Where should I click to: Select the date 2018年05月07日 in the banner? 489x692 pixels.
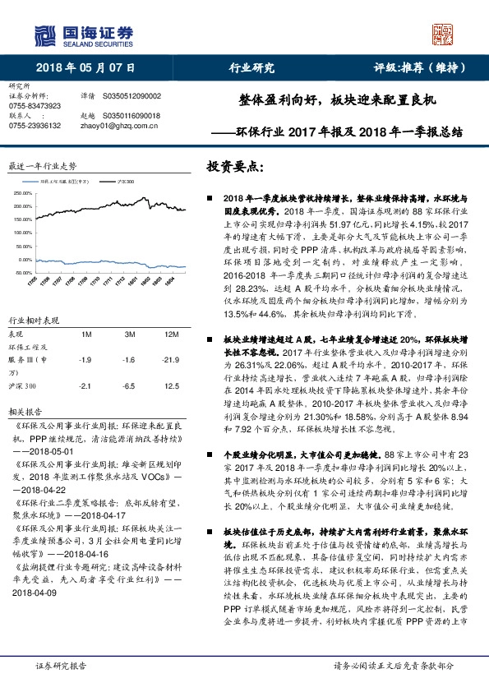pyautogui.click(x=86, y=69)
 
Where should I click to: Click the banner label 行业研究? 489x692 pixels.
pyautogui.click(x=251, y=69)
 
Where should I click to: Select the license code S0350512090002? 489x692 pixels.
pyautogui.click(x=131, y=96)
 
